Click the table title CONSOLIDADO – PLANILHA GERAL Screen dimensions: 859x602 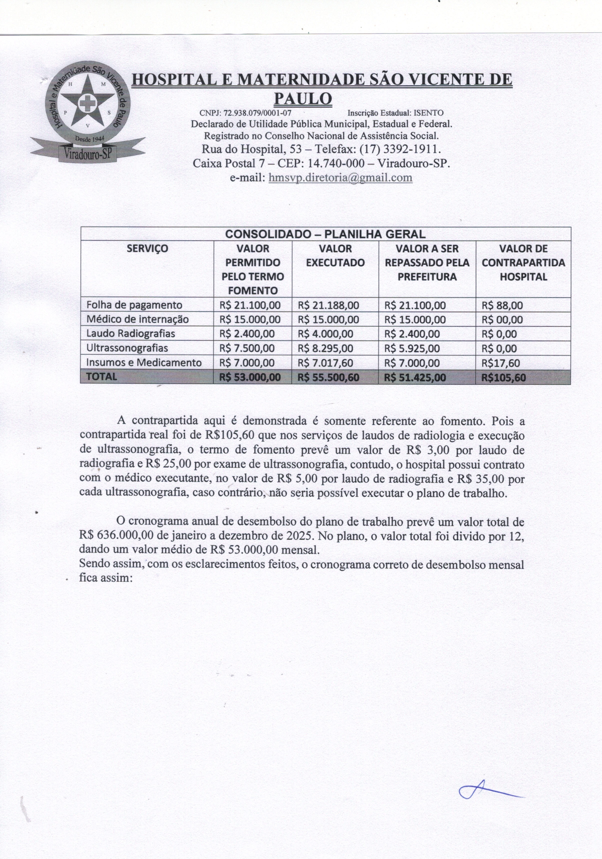[325, 234]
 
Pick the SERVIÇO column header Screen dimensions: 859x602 [147, 248]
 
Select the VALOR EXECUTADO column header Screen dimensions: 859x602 [335, 255]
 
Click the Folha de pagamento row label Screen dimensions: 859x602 [134, 305]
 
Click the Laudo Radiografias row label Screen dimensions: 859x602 [131, 333]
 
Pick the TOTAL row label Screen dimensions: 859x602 [101, 376]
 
